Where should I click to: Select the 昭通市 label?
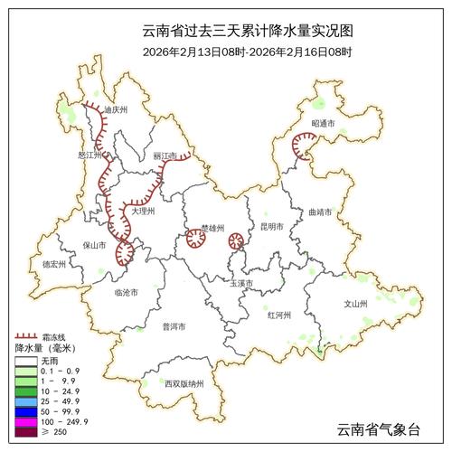tap(323, 122)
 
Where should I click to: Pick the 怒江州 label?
tap(92, 155)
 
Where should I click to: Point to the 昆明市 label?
tap(272, 227)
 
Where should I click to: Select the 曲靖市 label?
tap(320, 212)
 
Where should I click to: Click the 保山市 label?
tap(94, 244)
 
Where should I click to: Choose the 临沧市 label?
tap(126, 293)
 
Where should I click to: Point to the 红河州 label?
tap(279, 315)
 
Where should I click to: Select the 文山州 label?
tap(355, 305)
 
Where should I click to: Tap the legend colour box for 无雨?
tap(25, 361)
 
